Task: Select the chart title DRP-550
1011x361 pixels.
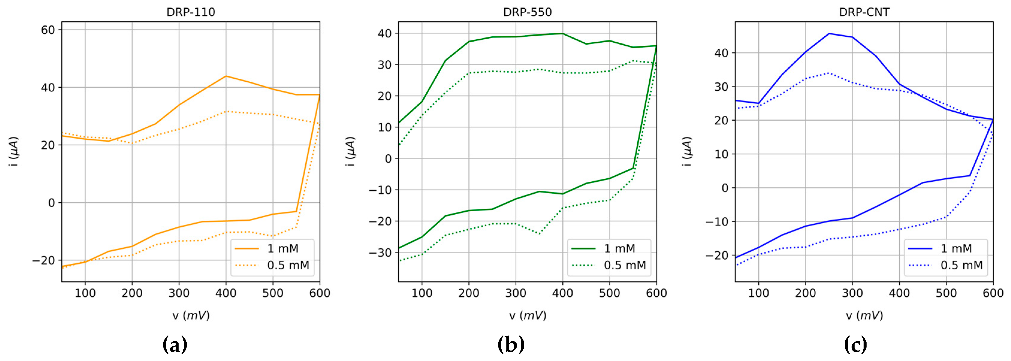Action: pos(527,12)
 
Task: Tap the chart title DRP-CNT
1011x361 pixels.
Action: pos(864,12)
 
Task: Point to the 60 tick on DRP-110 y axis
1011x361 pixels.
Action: pos(48,30)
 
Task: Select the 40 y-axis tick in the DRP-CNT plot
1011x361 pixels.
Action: pos(721,53)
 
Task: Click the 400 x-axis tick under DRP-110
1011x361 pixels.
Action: pos(226,293)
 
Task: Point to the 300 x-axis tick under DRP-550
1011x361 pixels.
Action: pos(515,293)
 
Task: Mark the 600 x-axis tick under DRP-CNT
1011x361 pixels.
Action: pos(993,293)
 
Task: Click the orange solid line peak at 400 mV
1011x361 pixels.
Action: pos(226,76)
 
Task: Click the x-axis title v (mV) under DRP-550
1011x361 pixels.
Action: pos(527,316)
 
